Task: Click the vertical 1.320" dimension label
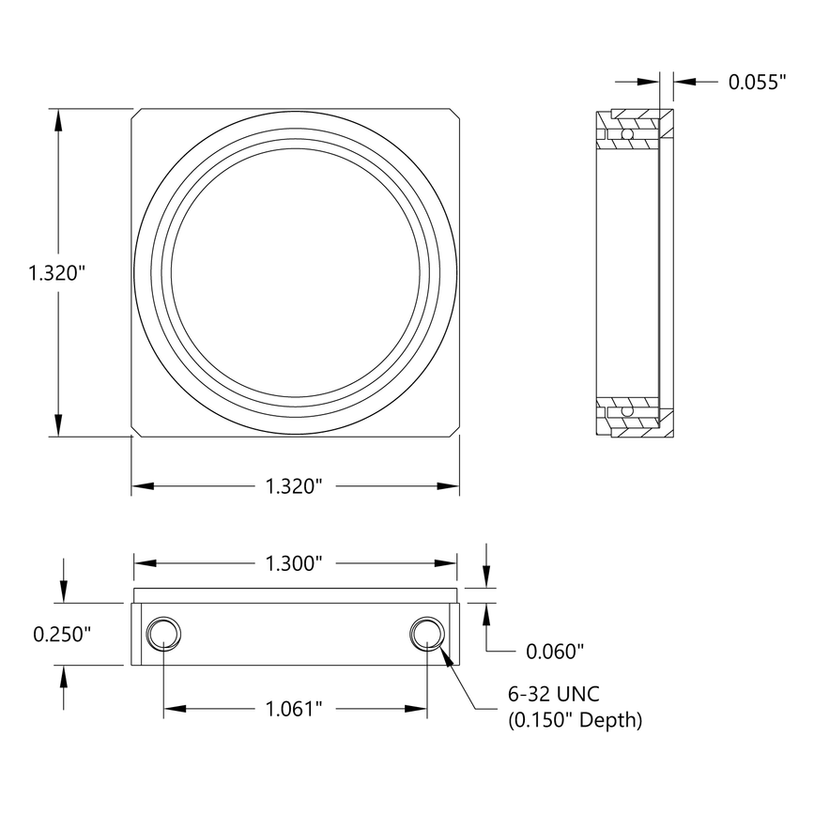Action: [x=59, y=274]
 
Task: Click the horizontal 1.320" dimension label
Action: [x=294, y=486]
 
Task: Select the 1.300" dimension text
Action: [x=294, y=564]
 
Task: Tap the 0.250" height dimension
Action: [x=62, y=634]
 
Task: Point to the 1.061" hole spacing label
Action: [x=294, y=708]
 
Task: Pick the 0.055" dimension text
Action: [x=757, y=83]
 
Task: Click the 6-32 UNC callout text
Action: [x=553, y=695]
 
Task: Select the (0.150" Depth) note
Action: [x=575, y=720]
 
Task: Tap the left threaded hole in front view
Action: [x=162, y=634]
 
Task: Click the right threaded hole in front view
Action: [x=427, y=634]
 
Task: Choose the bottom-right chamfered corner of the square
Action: [x=453, y=432]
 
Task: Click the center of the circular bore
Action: [x=294, y=272]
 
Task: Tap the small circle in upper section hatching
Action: [x=628, y=136]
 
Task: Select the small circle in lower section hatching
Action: [x=628, y=410]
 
